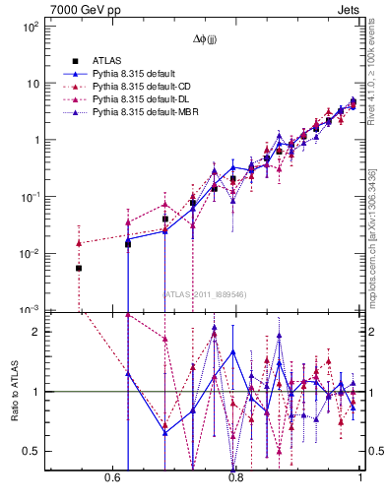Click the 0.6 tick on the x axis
click(110, 478)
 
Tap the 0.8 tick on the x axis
click(235, 478)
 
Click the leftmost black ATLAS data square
click(79, 268)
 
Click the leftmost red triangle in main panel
click(79, 243)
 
